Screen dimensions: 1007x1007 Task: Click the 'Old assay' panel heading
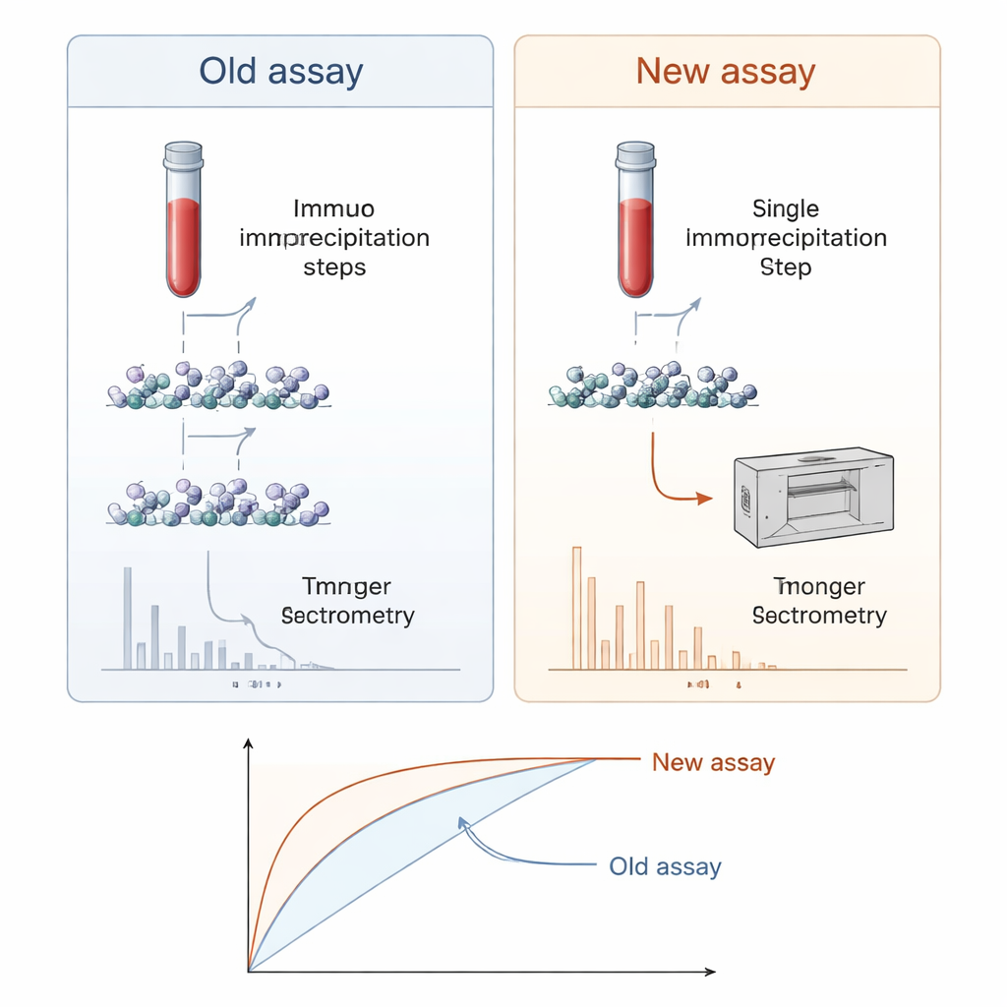pyautogui.click(x=280, y=72)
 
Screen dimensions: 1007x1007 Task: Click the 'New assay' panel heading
pyautogui.click(x=726, y=72)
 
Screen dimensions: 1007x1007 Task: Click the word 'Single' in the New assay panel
pyautogui.click(x=785, y=208)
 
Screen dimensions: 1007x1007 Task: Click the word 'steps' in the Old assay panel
pyautogui.click(x=334, y=267)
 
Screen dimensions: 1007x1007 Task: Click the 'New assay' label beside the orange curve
pyautogui.click(x=713, y=762)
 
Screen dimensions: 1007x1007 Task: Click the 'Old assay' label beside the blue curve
pyautogui.click(x=665, y=866)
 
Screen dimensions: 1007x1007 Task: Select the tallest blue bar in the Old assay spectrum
pyautogui.click(x=128, y=618)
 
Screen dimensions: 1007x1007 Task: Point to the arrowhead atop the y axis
pyautogui.click(x=249, y=744)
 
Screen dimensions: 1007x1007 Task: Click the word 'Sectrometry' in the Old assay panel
pyautogui.click(x=347, y=617)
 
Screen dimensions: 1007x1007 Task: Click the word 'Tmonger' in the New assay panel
pyautogui.click(x=818, y=587)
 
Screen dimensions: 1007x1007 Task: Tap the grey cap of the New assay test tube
pyautogui.click(x=634, y=153)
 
